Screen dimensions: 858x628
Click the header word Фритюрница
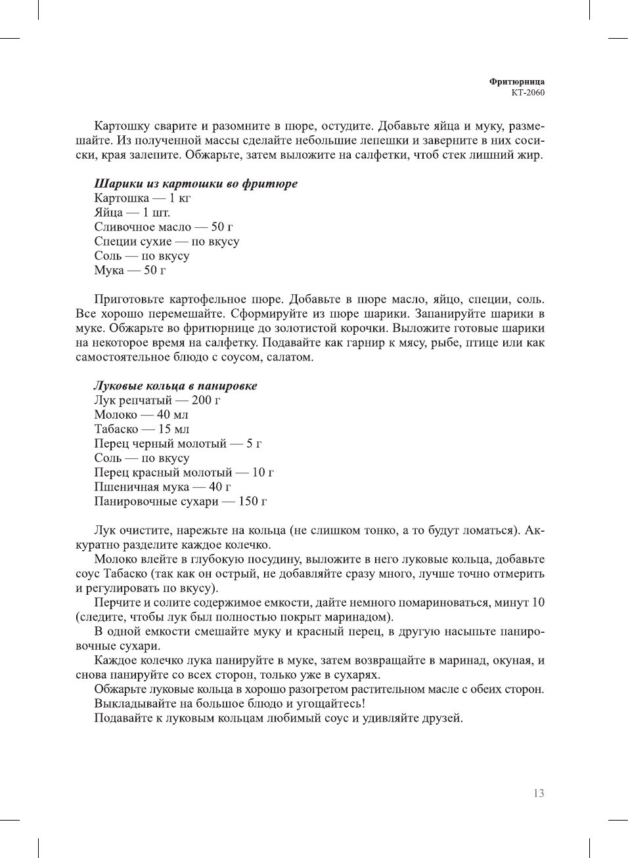516,81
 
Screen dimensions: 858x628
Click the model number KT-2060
527,93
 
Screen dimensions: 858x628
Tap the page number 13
539,793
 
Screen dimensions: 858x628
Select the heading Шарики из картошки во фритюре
195,184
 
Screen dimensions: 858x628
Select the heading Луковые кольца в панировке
175,386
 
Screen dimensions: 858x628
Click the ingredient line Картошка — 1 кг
142,198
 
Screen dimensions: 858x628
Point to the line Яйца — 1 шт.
131,213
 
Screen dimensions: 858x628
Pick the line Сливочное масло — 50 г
163,227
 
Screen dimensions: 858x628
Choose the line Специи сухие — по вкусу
166,242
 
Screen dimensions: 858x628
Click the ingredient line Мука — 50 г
129,270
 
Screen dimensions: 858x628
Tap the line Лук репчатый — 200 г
157,400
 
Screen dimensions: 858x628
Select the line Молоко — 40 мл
141,415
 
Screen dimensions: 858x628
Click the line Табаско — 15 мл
141,429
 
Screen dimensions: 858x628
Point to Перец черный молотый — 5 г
177,444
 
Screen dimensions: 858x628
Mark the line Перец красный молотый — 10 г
184,473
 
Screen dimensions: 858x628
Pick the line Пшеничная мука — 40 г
162,487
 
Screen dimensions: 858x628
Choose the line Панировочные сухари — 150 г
180,502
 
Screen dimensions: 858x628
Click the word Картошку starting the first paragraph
122,126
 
